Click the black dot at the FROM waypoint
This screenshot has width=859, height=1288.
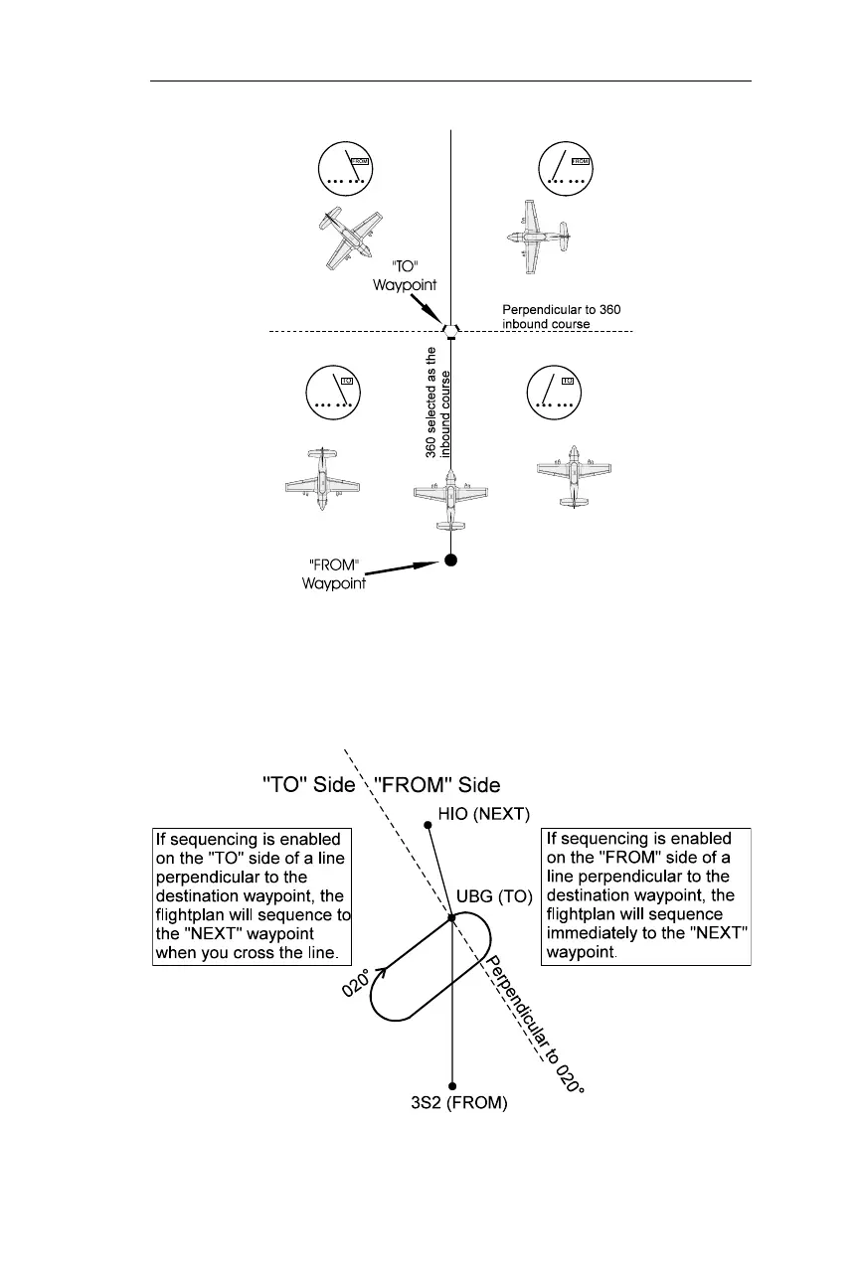[450, 561]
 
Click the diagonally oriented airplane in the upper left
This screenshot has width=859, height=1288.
[347, 240]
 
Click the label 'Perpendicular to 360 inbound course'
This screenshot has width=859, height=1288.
[562, 317]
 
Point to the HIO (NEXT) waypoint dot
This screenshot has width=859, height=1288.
[428, 824]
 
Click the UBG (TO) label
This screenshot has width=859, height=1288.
[495, 895]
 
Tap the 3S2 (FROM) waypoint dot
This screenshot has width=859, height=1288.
[452, 1086]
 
